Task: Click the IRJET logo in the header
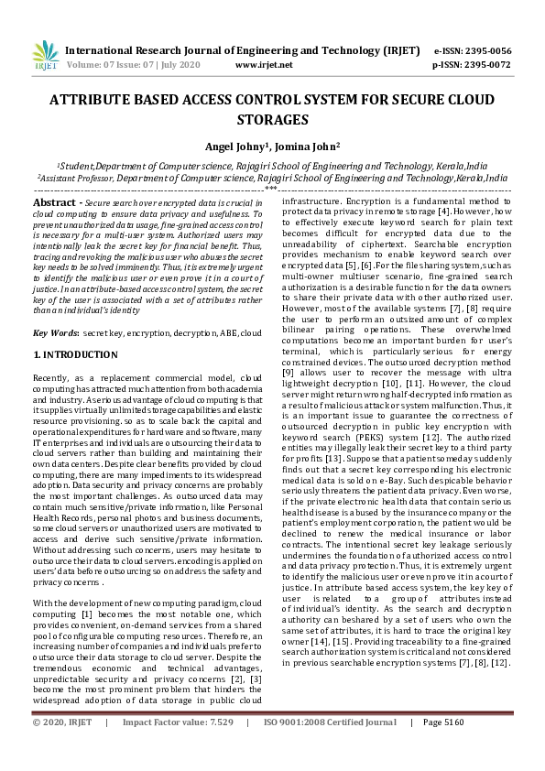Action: [45, 58]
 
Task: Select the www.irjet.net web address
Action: [264, 66]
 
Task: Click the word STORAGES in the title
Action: [272, 119]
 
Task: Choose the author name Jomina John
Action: [305, 145]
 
